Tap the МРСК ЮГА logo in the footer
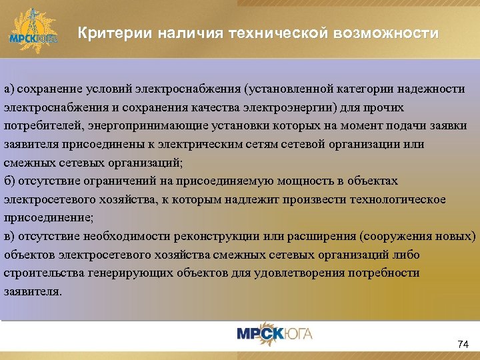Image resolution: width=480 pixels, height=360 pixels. click(275, 333)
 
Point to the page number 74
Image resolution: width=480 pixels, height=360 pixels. click(463, 344)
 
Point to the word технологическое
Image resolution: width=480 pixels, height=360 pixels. click(403, 199)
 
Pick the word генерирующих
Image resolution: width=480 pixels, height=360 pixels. click(122, 273)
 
